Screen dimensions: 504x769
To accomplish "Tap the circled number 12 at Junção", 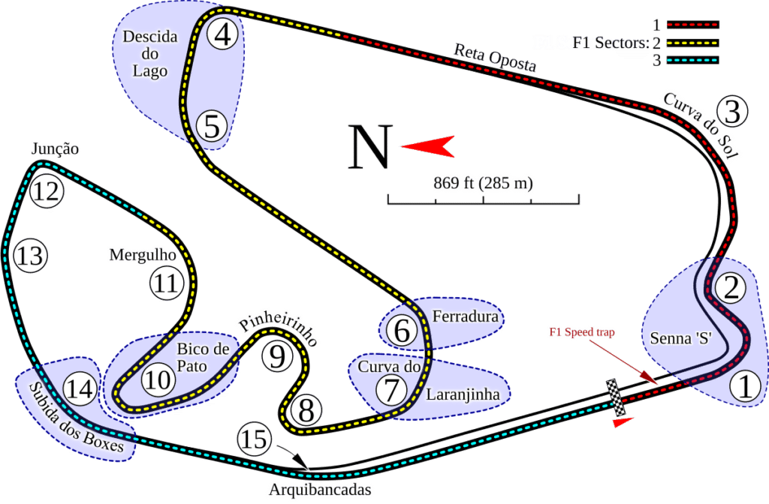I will [x=45, y=193].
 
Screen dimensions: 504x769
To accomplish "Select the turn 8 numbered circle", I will [x=306, y=410].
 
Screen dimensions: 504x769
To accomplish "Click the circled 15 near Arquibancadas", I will [x=255, y=439].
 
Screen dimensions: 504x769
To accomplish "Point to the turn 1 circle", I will [x=744, y=387].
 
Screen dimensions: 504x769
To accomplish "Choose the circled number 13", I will [x=31, y=255].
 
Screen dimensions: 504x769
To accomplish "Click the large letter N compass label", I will [x=369, y=147].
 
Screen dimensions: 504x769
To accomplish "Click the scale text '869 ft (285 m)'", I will [x=483, y=183].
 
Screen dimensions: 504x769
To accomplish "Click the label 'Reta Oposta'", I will [x=495, y=58].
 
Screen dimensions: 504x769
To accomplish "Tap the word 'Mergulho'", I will [x=143, y=255].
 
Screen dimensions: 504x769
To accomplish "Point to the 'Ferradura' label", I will [x=466, y=316].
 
